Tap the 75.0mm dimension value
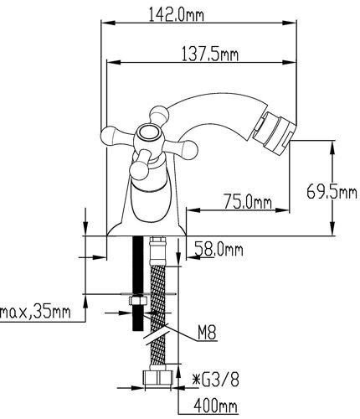(248, 202)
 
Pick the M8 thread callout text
(207, 334)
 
